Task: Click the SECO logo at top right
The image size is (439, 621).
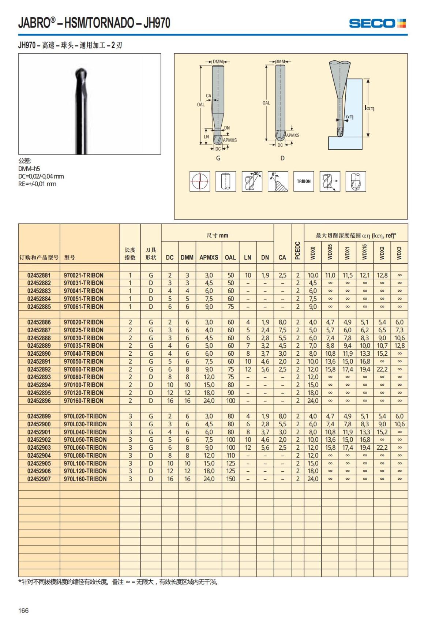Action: (377, 23)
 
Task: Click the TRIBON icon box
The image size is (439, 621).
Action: (303, 181)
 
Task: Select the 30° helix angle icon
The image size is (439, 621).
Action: (252, 181)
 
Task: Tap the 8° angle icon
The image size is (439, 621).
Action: (278, 181)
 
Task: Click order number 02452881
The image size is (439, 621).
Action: (39, 275)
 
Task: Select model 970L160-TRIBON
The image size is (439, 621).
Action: (85, 479)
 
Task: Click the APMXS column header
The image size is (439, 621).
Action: (209, 257)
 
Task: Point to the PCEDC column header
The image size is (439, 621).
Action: (297, 251)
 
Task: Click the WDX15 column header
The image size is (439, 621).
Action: (364, 252)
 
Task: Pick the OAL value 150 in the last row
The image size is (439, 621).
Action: (230, 479)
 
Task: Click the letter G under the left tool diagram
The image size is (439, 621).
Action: (218, 158)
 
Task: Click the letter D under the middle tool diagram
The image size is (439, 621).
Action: (282, 158)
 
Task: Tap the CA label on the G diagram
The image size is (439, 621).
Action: (208, 96)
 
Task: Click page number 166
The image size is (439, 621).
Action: (23, 610)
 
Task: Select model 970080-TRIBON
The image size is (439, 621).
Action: (83, 377)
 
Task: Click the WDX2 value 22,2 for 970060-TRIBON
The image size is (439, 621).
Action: (382, 369)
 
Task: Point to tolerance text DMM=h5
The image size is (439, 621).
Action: (29, 169)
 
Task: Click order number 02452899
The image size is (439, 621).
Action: (39, 416)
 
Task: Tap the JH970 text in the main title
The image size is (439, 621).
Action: (157, 23)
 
